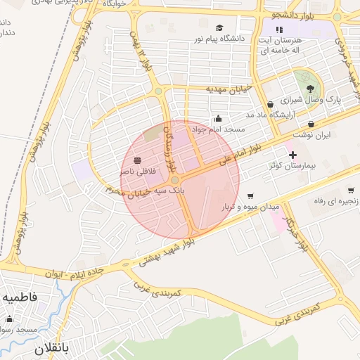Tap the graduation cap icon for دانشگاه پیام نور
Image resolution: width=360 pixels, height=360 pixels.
click(x=219, y=28)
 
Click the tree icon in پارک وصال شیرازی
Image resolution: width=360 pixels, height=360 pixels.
click(x=311, y=88)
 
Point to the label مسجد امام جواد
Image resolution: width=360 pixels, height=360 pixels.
click(x=221, y=129)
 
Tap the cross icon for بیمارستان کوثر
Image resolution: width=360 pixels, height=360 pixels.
click(x=292, y=154)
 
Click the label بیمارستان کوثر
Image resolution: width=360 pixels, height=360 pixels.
click(x=292, y=165)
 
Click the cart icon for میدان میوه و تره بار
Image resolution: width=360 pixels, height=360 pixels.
click(x=250, y=196)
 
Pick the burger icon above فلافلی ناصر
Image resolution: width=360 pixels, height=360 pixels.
click(x=136, y=160)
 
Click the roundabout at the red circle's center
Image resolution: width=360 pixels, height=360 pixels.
click(x=175, y=180)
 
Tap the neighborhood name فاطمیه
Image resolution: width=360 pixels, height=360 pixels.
click(x=19, y=298)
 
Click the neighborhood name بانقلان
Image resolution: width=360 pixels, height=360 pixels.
click(x=53, y=348)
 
